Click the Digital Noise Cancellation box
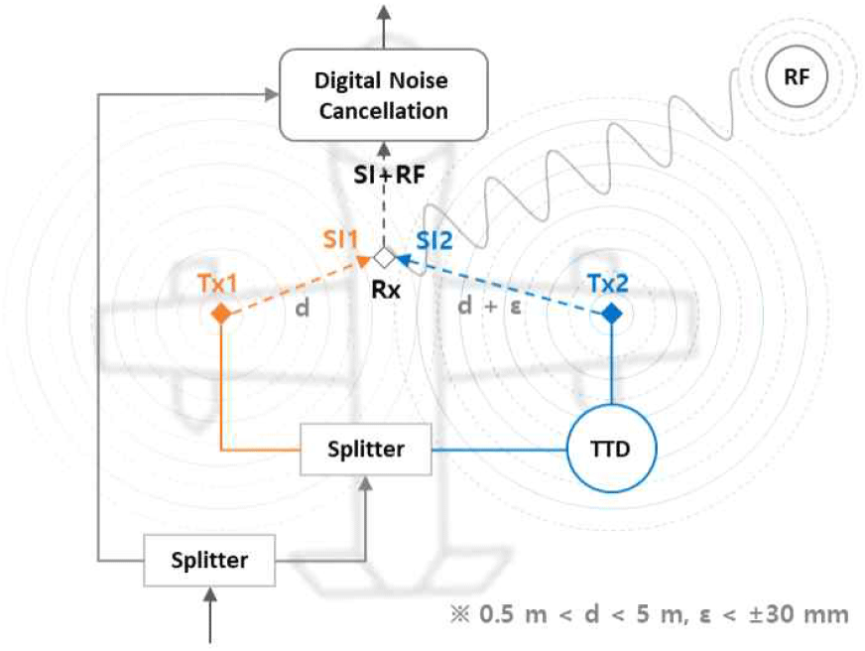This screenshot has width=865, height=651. point(382,95)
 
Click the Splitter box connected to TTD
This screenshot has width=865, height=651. point(366,449)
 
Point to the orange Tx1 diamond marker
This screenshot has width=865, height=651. point(221,314)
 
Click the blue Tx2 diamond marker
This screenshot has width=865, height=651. point(612,314)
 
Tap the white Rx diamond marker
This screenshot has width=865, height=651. point(383,257)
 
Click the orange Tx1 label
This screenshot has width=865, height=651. point(216,283)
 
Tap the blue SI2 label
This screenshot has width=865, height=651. point(435,239)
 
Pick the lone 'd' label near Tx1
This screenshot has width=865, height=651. point(303,308)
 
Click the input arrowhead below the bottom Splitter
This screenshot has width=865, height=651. point(209,592)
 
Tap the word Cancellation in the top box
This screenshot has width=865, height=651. point(383,110)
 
